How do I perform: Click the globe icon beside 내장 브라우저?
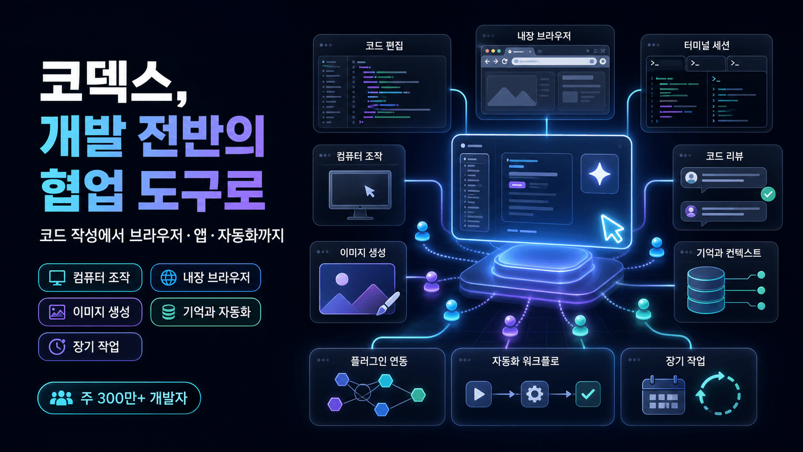point(168,277)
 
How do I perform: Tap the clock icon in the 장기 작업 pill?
point(57,346)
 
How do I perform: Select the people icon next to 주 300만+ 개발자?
point(61,398)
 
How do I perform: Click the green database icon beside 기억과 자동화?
point(168,312)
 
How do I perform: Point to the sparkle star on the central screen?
point(600,174)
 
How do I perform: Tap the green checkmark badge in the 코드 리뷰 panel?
point(768,194)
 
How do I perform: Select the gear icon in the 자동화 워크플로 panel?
point(534,394)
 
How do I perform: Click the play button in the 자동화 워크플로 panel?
point(478,394)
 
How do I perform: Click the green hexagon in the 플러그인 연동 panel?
point(418,394)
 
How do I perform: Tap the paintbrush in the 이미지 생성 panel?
point(388,303)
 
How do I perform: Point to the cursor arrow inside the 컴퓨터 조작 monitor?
point(370,191)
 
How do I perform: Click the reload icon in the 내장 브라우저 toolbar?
point(504,61)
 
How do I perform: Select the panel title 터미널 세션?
point(707,46)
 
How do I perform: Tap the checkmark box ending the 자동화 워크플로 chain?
point(588,394)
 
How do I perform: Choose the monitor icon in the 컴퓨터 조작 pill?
point(57,278)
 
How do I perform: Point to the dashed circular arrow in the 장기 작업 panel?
point(718,393)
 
